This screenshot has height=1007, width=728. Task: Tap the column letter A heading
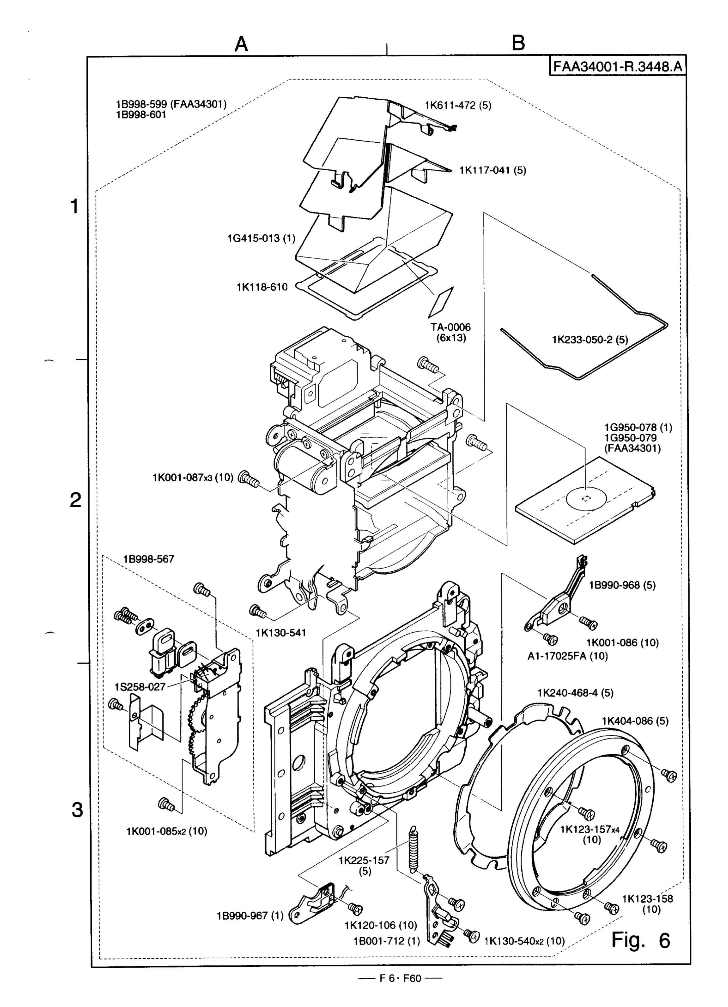[x=241, y=44]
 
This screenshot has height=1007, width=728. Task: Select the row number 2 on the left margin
[x=76, y=501]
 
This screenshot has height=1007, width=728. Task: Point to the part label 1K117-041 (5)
[x=493, y=170]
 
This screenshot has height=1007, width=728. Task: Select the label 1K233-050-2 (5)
[x=590, y=340]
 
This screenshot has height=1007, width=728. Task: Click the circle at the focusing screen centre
[x=586, y=498]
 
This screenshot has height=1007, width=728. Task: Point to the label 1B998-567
[x=149, y=559]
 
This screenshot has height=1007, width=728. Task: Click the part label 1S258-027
[x=140, y=686]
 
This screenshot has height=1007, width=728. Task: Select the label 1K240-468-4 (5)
[x=575, y=692]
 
